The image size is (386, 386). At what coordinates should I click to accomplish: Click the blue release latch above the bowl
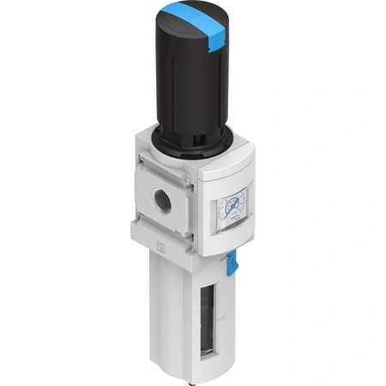click(x=232, y=263)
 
